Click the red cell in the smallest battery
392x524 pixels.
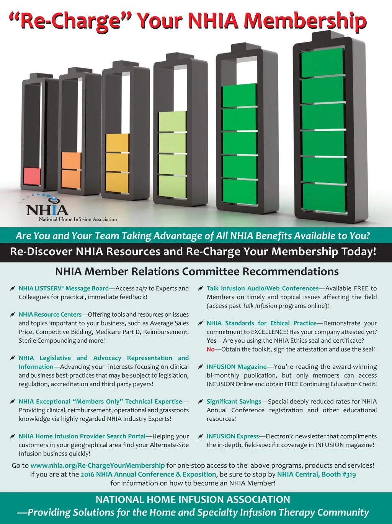pyautogui.click(x=32, y=176)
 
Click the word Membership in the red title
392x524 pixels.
pyautogui.click(x=305, y=21)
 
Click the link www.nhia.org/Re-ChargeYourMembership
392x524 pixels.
pyautogui.click(x=98, y=465)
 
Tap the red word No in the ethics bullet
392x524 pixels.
pyautogui.click(x=211, y=349)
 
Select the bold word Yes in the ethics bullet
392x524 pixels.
pyautogui.click(x=211, y=340)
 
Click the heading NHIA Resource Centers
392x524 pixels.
pyautogui.click(x=50, y=314)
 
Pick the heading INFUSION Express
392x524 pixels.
pyautogui.click(x=233, y=436)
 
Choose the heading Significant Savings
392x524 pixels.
pyautogui.click(x=234, y=401)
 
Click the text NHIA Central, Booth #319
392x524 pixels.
pyautogui.click(x=317, y=474)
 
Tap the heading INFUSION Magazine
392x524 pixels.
pyautogui.click(x=237, y=366)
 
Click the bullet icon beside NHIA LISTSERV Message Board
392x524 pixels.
pyautogui.click(x=13, y=288)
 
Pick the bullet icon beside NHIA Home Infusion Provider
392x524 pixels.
pyautogui.click(x=13, y=436)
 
